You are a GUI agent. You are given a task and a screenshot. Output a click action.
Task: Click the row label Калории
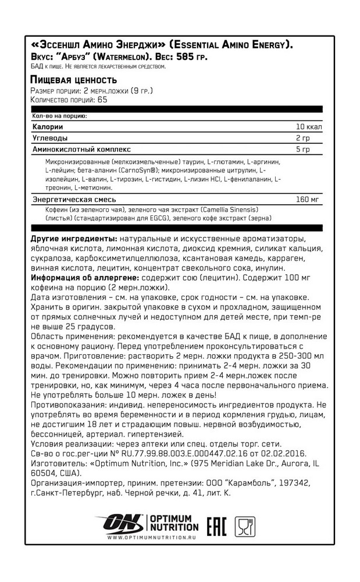[x=48, y=127]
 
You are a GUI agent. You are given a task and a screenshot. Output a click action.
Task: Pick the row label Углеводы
[x=50, y=139]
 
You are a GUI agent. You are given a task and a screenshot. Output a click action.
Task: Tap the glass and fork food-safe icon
[x=245, y=527]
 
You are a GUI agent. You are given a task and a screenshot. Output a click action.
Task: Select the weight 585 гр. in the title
[x=187, y=56]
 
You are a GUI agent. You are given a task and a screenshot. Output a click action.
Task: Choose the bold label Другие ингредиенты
[x=73, y=240]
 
